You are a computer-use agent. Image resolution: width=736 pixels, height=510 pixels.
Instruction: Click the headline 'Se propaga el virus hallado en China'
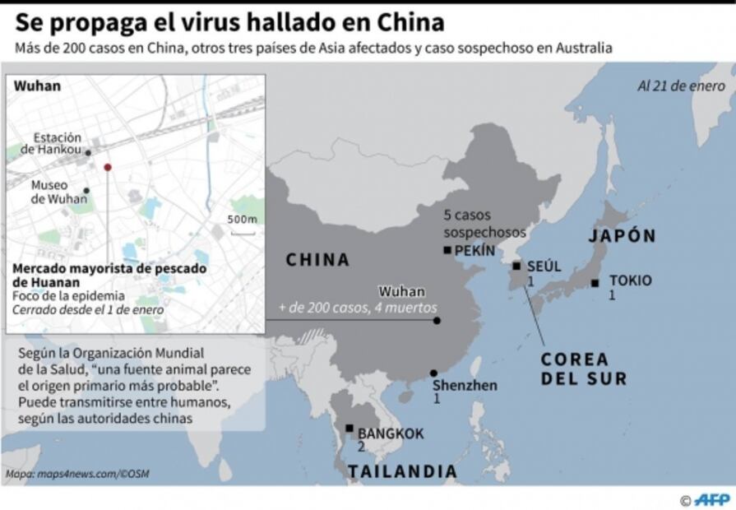pyautogui.click(x=229, y=22)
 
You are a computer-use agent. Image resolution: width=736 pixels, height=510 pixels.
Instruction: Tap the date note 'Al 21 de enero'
pyautogui.click(x=681, y=86)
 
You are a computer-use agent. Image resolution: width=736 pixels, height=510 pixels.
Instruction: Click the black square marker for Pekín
pyautogui.click(x=447, y=250)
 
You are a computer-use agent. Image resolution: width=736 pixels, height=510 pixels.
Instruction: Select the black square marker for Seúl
pyautogui.click(x=516, y=266)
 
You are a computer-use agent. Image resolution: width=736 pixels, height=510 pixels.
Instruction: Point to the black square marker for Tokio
pyautogui.click(x=595, y=283)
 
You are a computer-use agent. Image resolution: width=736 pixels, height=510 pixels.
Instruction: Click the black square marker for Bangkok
pyautogui.click(x=349, y=428)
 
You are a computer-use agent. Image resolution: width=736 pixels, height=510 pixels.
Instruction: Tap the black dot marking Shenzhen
pyautogui.click(x=433, y=373)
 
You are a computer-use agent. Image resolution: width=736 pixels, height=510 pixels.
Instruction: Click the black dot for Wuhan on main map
pyautogui.click(x=437, y=321)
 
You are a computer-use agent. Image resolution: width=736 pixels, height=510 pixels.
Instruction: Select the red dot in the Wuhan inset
pyautogui.click(x=107, y=167)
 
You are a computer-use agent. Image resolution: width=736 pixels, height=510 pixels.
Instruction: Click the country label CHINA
pyautogui.click(x=317, y=260)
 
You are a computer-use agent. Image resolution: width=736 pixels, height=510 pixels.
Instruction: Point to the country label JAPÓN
pyautogui.click(x=622, y=236)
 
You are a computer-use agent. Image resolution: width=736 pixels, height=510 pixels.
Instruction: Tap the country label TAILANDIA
pyautogui.click(x=402, y=471)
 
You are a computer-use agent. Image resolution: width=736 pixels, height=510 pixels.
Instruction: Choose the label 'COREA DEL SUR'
pyautogui.click(x=583, y=369)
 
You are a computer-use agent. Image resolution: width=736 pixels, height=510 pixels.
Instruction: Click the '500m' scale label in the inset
pyautogui.click(x=242, y=219)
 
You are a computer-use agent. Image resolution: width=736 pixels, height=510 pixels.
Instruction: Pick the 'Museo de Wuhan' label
pyautogui.click(x=51, y=192)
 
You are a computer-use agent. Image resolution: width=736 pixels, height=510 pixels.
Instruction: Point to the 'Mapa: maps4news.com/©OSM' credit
pyautogui.click(x=78, y=474)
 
